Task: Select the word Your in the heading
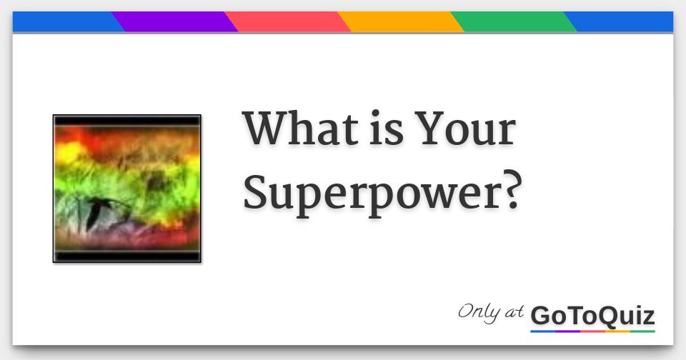tap(466, 129)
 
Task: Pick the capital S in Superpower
tap(257, 191)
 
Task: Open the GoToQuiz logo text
tap(592, 315)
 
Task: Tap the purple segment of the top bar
tap(175, 22)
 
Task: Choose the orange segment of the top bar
tap(402, 22)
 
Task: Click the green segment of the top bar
tap(514, 22)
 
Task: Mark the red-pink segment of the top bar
tap(289, 22)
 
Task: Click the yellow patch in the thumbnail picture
tap(69, 152)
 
